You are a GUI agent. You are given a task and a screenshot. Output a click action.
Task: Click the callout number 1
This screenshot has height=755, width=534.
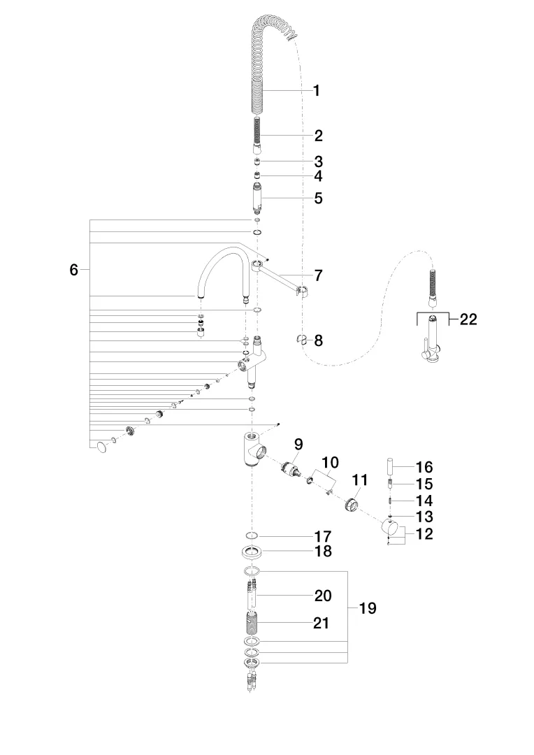pyautogui.click(x=317, y=90)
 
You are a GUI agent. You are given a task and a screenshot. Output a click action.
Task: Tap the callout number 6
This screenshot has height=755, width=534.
pyautogui.click(x=73, y=270)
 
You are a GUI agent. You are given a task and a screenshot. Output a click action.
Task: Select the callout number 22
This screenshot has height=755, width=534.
pyautogui.click(x=468, y=319)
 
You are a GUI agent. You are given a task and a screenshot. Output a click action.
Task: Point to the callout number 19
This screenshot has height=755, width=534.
pyautogui.click(x=368, y=607)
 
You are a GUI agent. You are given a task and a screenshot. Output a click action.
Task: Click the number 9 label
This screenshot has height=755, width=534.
pyautogui.click(x=298, y=444)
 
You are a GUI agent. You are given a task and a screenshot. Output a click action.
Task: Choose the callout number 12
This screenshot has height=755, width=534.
pyautogui.click(x=424, y=533)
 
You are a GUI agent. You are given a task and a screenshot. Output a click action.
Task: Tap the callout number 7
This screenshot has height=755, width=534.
pyautogui.click(x=318, y=275)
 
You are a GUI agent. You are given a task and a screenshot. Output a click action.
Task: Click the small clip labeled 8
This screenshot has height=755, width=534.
pyautogui.click(x=301, y=340)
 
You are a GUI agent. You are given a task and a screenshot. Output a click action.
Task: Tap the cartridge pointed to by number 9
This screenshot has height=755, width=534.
pyautogui.click(x=291, y=470)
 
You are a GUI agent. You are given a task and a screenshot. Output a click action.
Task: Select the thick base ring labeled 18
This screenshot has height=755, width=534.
pyautogui.click(x=252, y=552)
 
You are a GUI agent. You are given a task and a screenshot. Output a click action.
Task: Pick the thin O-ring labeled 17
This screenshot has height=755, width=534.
pyautogui.click(x=252, y=536)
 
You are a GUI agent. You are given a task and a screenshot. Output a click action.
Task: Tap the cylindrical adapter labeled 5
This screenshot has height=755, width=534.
pyautogui.click(x=257, y=198)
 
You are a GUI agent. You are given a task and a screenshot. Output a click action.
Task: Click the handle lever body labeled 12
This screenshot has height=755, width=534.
pyautogui.click(x=391, y=529)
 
